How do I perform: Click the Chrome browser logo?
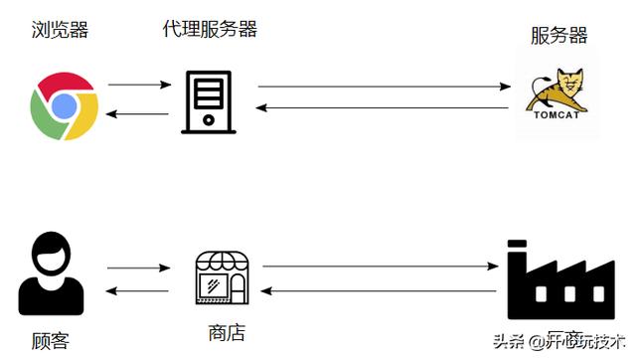click(x=64, y=104)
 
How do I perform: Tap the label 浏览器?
click(x=59, y=29)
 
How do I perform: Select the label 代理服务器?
click(x=210, y=29)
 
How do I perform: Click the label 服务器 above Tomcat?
click(x=558, y=36)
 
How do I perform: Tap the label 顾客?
click(x=49, y=340)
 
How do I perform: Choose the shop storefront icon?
click(x=220, y=277)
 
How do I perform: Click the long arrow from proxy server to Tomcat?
click(x=384, y=88)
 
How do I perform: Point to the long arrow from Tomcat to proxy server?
click(x=384, y=107)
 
